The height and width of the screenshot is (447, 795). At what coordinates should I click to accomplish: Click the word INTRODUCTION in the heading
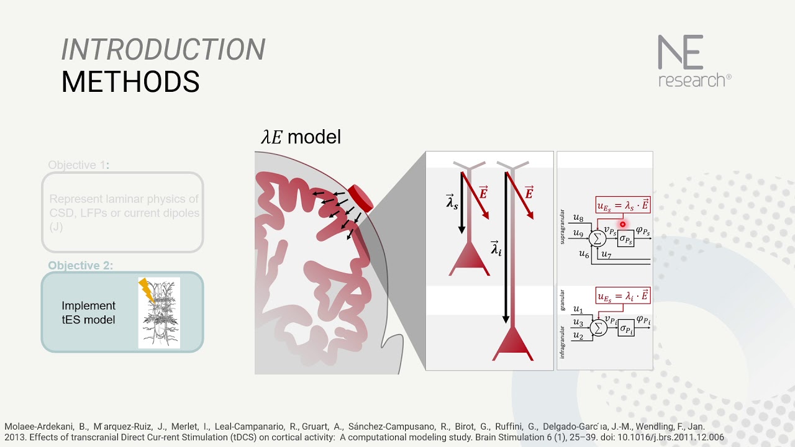point(163,50)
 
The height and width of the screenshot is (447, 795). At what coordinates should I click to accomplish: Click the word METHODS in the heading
point(130,82)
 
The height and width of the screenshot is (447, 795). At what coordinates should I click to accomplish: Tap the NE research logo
point(694,61)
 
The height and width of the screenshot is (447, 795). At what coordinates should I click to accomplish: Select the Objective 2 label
point(81,266)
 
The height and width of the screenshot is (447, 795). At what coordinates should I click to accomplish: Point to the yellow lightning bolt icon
point(147,290)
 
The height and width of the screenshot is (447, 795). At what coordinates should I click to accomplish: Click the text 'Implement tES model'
point(88,313)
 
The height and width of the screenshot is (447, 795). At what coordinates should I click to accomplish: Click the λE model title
point(301,137)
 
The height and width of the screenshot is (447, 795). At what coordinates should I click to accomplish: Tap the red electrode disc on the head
point(360,197)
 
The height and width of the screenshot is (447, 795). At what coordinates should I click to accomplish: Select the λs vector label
point(452,201)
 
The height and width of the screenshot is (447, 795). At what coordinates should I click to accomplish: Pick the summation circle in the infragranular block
point(599,327)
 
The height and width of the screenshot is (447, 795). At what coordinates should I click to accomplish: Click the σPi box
point(626,328)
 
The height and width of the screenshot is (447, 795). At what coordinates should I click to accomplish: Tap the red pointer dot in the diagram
point(622,224)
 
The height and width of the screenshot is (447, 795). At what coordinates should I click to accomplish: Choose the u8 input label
point(578,219)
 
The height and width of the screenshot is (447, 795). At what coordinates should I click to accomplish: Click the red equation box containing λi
point(623,296)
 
